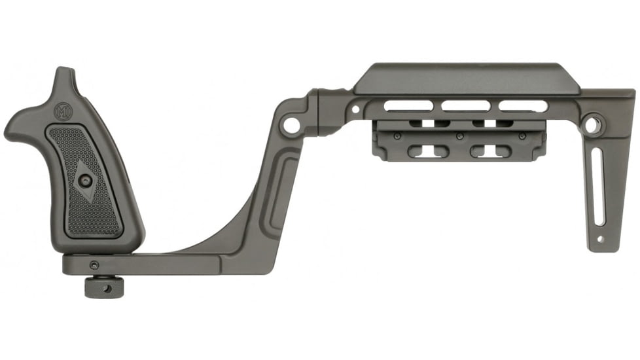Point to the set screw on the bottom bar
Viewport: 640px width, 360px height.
click(94, 264)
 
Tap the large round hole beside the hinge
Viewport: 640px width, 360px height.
click(291, 124)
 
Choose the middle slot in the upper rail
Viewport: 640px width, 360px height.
click(465, 105)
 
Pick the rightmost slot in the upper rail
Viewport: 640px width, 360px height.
click(523, 105)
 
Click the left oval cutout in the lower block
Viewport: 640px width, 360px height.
click(428, 151)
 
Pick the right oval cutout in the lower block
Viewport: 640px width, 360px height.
click(491, 151)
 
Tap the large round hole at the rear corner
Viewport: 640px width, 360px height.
click(593, 125)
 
